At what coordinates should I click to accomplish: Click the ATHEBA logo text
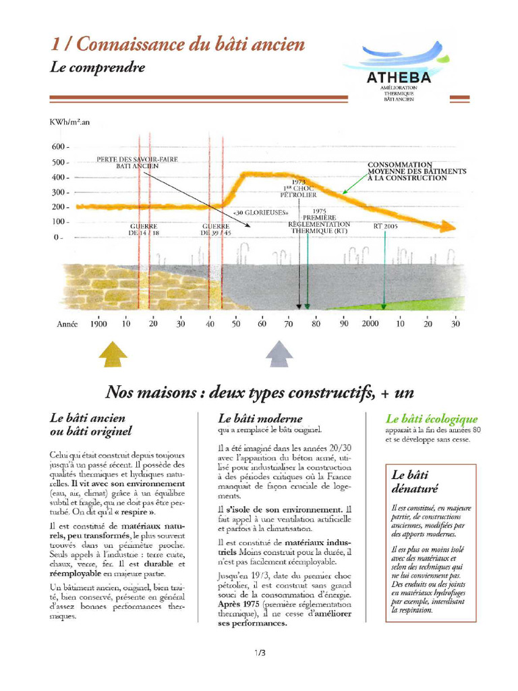399,78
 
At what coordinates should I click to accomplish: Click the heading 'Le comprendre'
97,67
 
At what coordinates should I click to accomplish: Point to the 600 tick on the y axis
60,147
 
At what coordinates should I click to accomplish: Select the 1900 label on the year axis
98,324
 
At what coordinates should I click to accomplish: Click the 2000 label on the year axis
370,324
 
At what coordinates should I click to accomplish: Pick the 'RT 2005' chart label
385,227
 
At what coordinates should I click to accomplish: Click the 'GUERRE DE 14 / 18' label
144,229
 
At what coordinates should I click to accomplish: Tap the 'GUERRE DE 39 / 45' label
217,229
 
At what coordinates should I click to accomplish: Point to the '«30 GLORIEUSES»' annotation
256,214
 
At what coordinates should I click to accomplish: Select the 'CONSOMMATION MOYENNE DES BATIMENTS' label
416,171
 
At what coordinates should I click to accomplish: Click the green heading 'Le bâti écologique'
431,419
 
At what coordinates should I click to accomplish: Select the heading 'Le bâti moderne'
260,418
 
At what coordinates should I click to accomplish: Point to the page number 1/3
260,653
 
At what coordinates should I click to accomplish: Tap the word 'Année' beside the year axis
68,324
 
